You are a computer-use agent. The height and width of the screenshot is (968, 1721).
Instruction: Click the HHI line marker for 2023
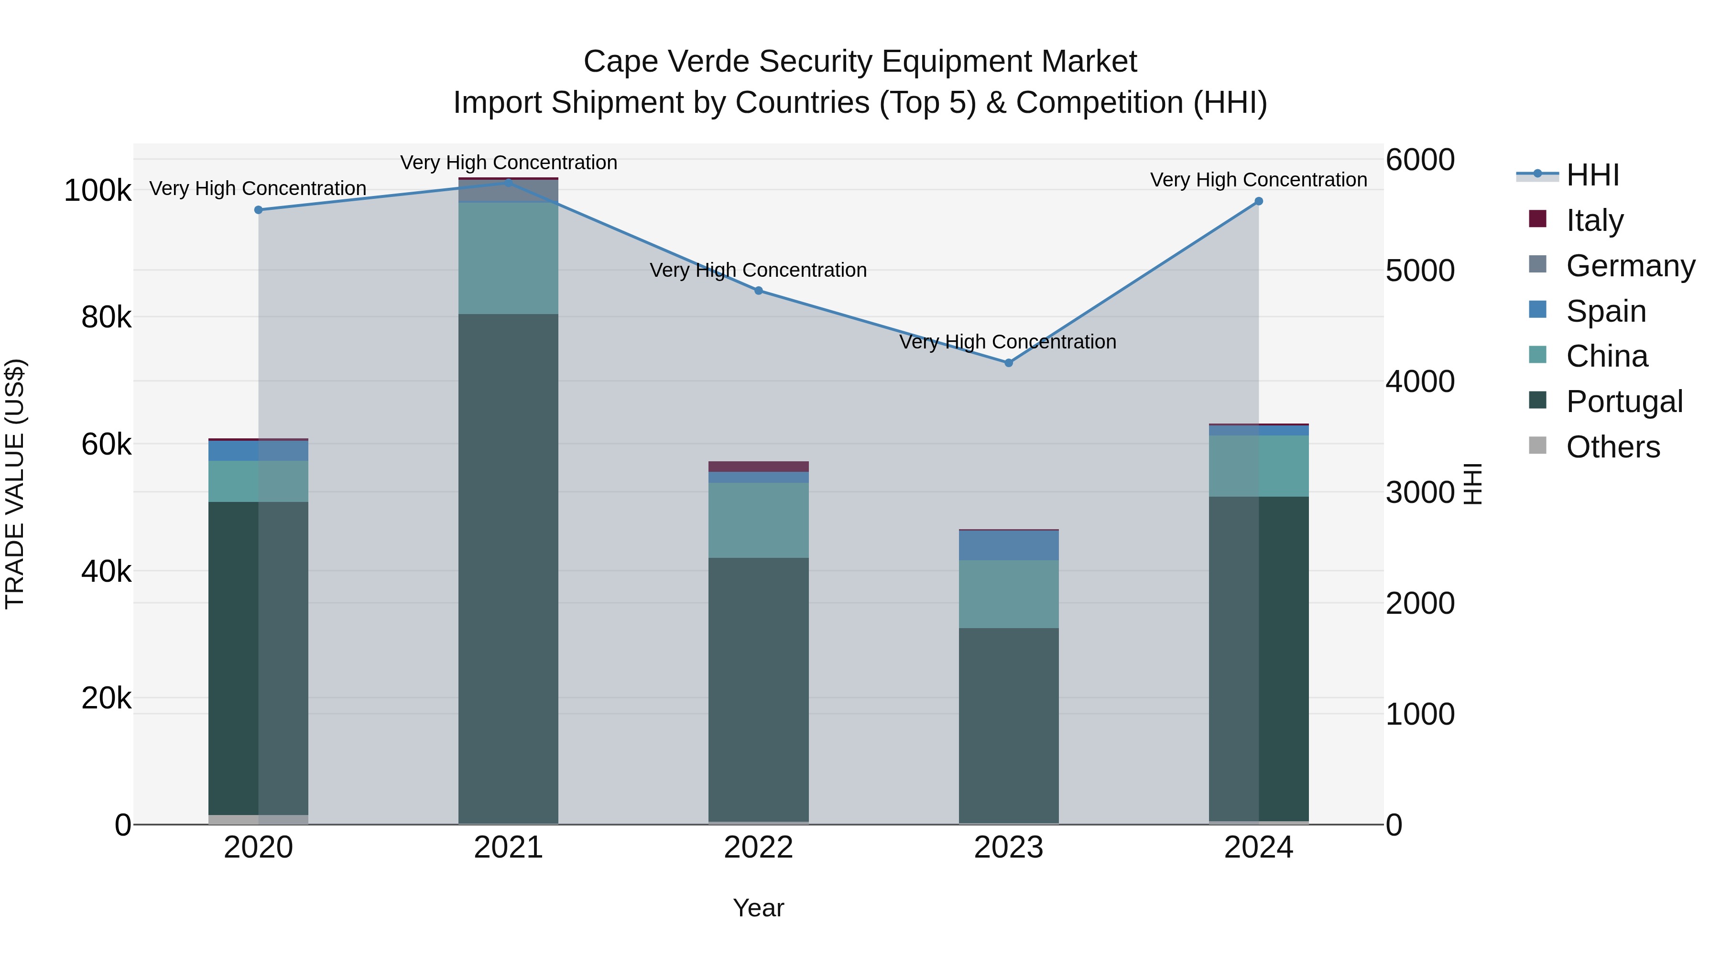pyautogui.click(x=1009, y=363)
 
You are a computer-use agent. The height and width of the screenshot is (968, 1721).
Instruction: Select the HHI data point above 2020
pyautogui.click(x=259, y=210)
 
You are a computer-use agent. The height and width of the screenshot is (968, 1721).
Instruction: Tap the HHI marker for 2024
pyautogui.click(x=1259, y=201)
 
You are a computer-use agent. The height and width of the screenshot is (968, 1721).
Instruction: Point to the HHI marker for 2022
pyautogui.click(x=758, y=291)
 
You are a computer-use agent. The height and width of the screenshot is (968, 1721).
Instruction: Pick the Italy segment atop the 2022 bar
pyautogui.click(x=758, y=466)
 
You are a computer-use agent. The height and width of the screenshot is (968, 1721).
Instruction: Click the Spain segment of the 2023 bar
pyautogui.click(x=1009, y=545)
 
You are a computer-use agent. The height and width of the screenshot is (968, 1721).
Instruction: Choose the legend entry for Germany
pyautogui.click(x=1630, y=266)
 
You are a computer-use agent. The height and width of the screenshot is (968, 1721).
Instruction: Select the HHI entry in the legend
pyautogui.click(x=1592, y=175)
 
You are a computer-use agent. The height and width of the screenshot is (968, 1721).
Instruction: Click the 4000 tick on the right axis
pyautogui.click(x=1420, y=381)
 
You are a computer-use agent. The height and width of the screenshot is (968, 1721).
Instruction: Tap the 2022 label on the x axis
pyautogui.click(x=758, y=848)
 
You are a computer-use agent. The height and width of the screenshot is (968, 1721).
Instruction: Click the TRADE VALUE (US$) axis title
pyautogui.click(x=15, y=484)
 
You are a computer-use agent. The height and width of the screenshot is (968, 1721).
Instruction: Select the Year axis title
pyautogui.click(x=758, y=908)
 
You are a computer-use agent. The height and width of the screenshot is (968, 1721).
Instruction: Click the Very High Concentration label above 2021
pyautogui.click(x=509, y=163)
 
